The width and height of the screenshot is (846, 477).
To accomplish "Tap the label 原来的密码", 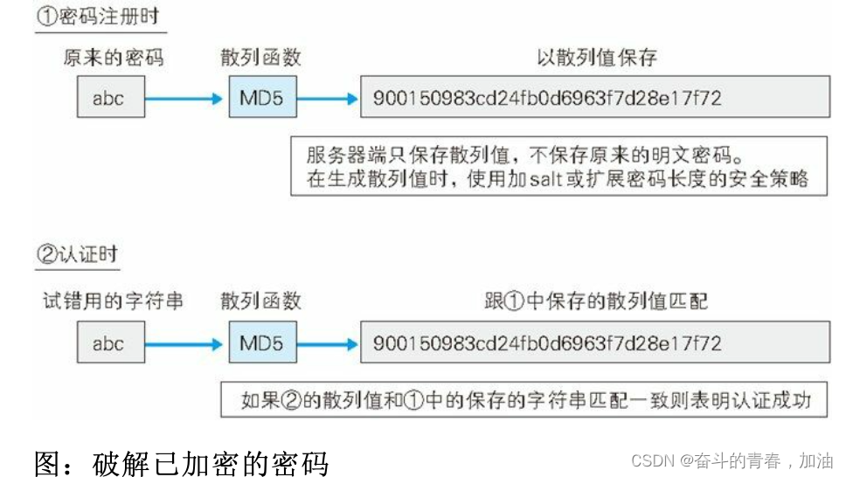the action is click(113, 59).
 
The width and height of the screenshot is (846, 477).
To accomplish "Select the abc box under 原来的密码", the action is click(109, 98).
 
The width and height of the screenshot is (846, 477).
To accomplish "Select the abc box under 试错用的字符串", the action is click(109, 343).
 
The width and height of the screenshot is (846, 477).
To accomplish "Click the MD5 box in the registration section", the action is click(261, 98).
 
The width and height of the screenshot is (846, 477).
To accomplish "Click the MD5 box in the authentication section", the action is click(261, 343).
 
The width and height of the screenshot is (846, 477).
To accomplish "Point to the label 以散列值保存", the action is click(596, 59).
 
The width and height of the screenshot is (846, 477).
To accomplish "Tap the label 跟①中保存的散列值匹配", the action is click(596, 301).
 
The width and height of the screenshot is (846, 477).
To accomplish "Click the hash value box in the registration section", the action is click(594, 98).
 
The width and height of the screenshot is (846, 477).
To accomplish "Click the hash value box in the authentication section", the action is click(594, 343).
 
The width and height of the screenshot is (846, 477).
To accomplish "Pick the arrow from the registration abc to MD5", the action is click(184, 99).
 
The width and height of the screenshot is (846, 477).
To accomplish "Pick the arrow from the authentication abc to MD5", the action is click(184, 344).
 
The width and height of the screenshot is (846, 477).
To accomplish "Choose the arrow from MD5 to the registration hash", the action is click(328, 99).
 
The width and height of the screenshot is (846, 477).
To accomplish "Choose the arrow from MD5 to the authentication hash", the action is click(328, 344).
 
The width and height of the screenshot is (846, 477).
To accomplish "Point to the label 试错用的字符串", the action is click(113, 301).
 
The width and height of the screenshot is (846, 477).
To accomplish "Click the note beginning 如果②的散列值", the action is click(525, 401).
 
